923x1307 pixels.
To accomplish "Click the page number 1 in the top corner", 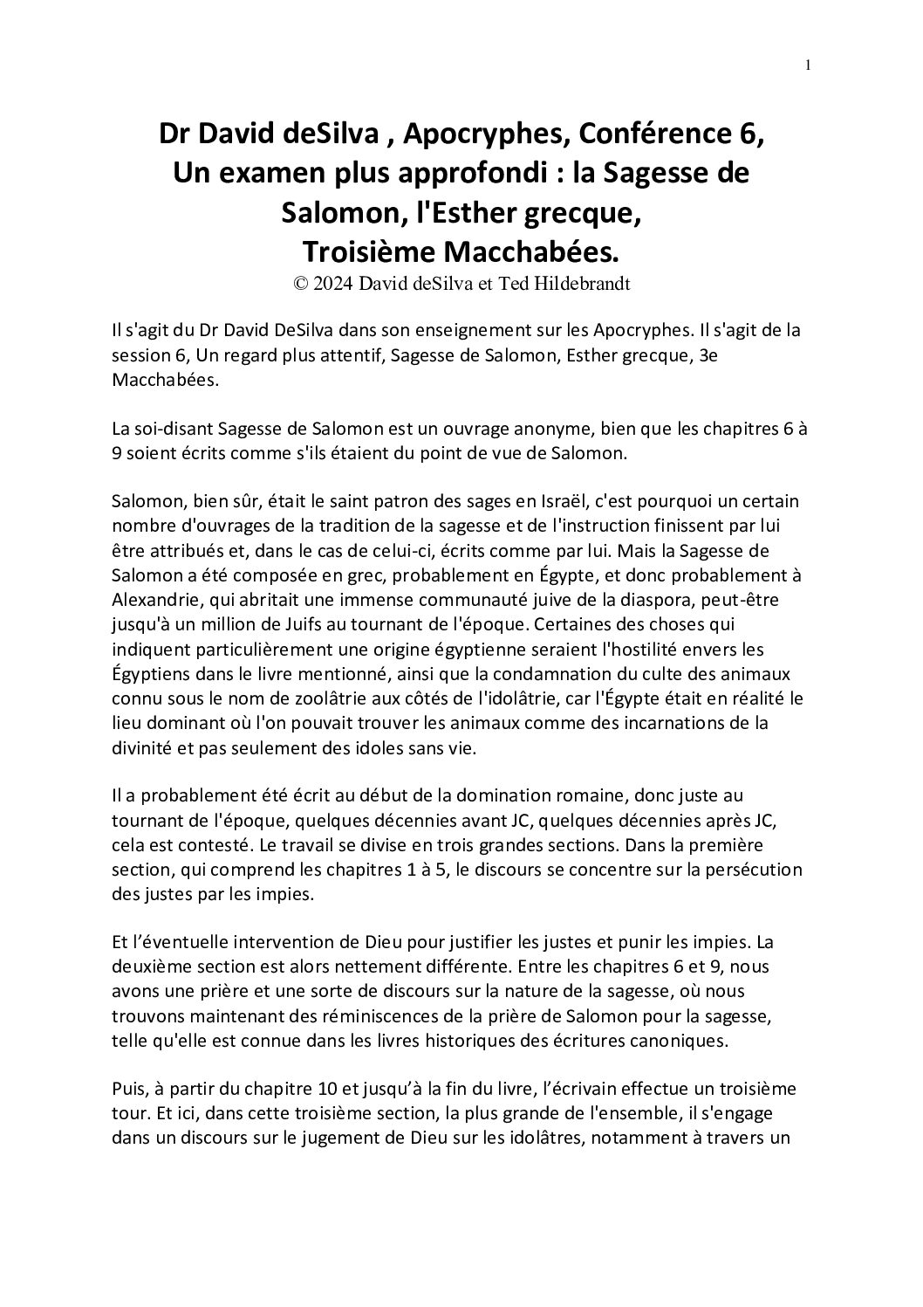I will pyautogui.click(x=808, y=65).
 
